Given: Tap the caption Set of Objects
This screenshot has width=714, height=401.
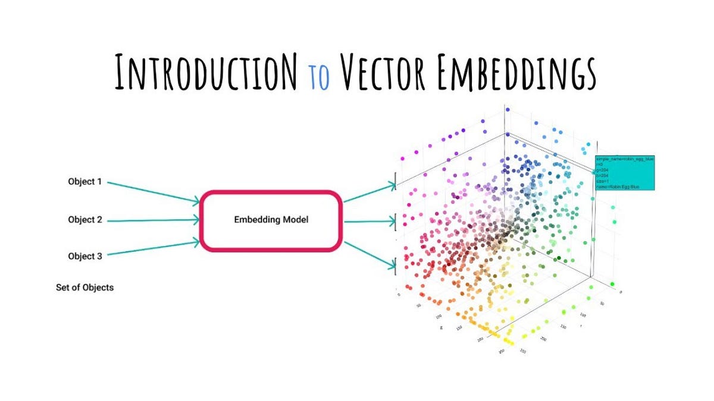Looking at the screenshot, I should pos(84,288).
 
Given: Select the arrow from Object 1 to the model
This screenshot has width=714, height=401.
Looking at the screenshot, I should pos(155,192).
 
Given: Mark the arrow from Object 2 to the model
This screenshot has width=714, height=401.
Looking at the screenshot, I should pos(155,220).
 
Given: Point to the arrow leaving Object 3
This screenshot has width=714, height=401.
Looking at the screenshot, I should pos(155,248).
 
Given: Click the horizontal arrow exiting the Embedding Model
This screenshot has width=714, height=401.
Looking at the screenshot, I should pos(369,222).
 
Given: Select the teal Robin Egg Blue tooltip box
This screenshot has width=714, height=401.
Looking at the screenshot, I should pos(625,173).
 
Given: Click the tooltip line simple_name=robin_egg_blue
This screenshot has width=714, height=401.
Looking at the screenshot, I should pos(624,159).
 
